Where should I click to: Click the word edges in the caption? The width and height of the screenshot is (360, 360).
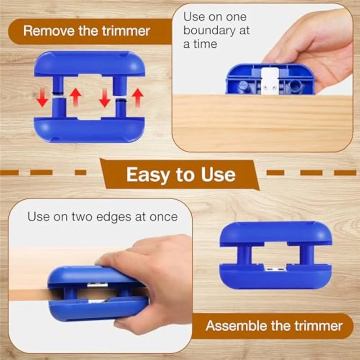(114, 216)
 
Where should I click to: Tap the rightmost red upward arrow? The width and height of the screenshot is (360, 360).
(138, 97)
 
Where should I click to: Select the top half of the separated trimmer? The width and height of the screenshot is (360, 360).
(90, 65)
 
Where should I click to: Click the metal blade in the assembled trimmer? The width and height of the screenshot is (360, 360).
(274, 269)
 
